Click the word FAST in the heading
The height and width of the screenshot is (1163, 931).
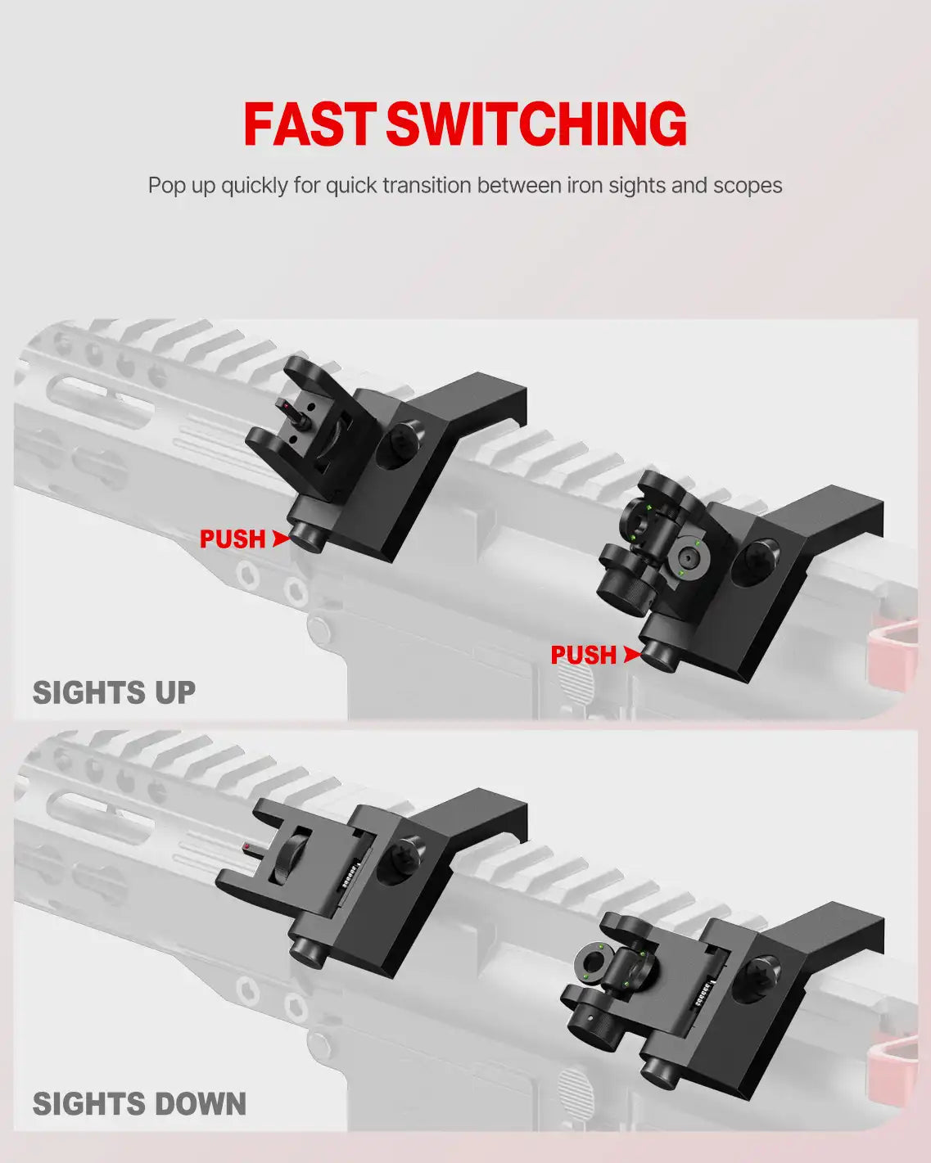point(310,124)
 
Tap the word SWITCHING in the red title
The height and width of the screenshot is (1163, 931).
point(536,124)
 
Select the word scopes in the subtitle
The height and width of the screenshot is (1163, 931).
point(748,186)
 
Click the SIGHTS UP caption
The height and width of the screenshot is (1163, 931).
point(114,693)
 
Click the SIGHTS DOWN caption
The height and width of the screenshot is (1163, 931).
point(139,1104)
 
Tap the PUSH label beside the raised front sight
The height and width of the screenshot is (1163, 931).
point(233,539)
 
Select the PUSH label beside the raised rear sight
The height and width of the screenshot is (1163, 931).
point(583,656)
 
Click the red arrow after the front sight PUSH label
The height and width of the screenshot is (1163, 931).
point(281,539)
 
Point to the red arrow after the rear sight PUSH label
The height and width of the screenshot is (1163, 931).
point(630,655)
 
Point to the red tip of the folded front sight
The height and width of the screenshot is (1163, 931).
point(246,844)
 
